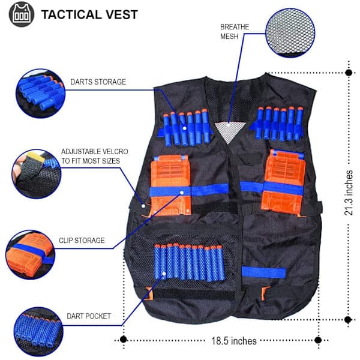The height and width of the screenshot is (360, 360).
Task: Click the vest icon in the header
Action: (x=22, y=14)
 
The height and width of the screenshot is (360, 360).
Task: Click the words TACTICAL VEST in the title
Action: (x=89, y=14)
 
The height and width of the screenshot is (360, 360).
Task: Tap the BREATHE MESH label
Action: (x=235, y=31)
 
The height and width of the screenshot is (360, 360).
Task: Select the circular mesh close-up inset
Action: (x=290, y=33)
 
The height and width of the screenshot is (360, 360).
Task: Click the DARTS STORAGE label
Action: (x=98, y=82)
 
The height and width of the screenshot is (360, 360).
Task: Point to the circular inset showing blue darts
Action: (x=41, y=94)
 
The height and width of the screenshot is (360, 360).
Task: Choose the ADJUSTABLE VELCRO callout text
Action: (x=95, y=156)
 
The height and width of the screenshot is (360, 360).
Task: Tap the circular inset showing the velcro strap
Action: (x=37, y=174)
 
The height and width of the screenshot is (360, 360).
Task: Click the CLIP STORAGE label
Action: (x=82, y=241)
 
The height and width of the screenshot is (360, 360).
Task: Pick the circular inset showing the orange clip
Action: (x=31, y=255)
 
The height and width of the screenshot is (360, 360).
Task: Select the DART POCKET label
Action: (x=89, y=316)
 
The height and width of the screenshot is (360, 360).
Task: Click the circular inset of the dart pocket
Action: (x=38, y=332)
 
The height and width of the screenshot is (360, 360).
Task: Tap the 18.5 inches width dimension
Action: (x=234, y=341)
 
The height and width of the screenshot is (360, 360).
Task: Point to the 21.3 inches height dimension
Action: (x=349, y=193)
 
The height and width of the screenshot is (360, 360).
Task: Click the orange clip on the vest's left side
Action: (x=170, y=185)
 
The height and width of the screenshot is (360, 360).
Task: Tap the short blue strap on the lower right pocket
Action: (x=263, y=272)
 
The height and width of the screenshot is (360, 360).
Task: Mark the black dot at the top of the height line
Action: (x=349, y=73)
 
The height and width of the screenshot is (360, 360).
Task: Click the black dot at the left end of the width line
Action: (x=123, y=339)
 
